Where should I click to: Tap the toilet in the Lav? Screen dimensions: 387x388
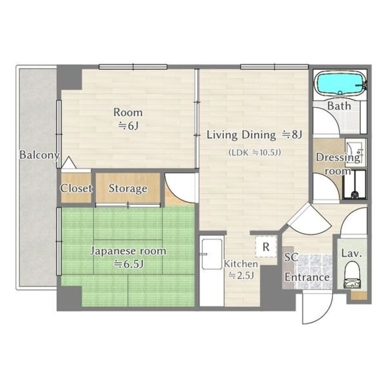[x=351, y=275]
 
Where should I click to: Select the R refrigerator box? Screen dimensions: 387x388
[x=266, y=247]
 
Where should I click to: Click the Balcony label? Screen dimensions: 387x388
[x=39, y=155]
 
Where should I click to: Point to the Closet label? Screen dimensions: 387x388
[x=76, y=188]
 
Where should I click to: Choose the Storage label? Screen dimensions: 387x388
[x=128, y=189]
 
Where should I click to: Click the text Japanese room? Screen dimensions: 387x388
[x=128, y=251]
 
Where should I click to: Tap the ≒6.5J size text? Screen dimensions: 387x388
[x=129, y=265]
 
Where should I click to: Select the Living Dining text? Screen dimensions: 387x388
[x=241, y=135]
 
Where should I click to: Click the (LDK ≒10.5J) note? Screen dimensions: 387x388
[x=255, y=152]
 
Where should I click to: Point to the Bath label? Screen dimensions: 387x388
[x=339, y=106]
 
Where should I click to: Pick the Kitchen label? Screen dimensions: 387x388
[x=241, y=264]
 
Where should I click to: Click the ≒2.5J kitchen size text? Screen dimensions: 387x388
[x=241, y=275]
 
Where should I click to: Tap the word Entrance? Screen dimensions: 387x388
[x=307, y=277]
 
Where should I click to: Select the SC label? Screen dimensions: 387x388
[x=291, y=257]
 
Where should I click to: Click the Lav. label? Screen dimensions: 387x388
[x=351, y=253]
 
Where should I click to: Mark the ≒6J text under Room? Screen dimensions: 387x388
[x=128, y=126]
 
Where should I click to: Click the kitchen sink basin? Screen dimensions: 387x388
[x=212, y=254]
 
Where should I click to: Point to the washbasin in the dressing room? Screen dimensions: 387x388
[x=355, y=153]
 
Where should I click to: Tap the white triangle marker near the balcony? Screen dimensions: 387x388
[x=68, y=163]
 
